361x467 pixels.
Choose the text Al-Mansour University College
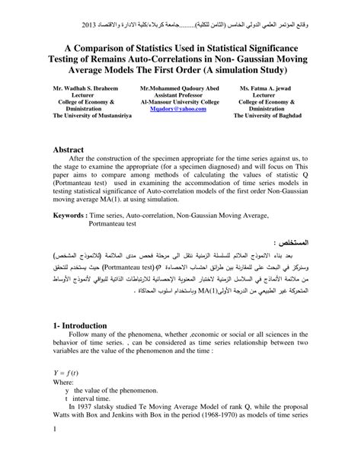tap(179, 102)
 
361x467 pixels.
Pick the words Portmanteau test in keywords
tap(116, 226)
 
